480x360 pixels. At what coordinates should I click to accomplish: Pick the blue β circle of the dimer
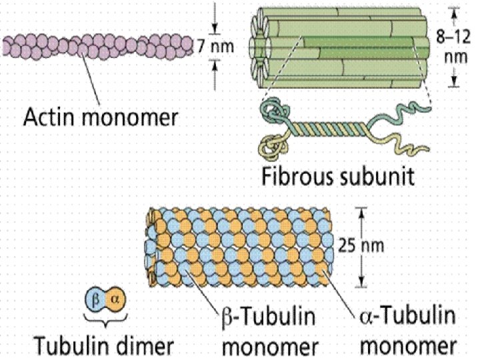(95, 299)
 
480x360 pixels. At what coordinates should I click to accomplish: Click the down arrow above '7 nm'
(215, 27)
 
